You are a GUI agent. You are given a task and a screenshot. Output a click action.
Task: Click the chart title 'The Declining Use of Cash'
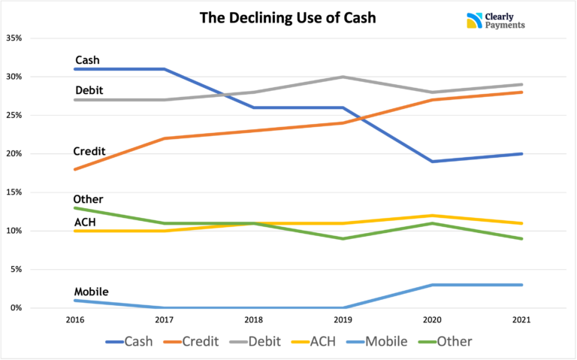click(288, 17)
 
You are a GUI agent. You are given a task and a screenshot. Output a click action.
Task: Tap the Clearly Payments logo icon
click(474, 20)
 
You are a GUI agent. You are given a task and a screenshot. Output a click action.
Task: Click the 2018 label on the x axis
click(254, 319)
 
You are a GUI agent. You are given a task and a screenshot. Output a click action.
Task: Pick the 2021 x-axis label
click(521, 319)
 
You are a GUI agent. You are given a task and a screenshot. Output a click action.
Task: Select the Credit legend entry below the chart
click(190, 341)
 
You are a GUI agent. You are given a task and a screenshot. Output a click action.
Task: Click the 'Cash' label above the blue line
click(87, 60)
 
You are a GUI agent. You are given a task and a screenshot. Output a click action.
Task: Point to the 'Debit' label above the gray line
click(89, 90)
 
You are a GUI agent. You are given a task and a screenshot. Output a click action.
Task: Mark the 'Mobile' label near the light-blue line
click(92, 292)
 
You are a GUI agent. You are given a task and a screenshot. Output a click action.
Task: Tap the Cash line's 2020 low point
click(432, 161)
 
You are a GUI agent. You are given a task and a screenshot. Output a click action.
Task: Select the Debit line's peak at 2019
click(343, 77)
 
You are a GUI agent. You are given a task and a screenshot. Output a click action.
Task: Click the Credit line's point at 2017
click(165, 138)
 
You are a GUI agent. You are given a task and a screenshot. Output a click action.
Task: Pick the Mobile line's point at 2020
click(432, 285)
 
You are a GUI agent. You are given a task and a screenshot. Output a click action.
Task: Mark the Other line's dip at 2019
click(343, 238)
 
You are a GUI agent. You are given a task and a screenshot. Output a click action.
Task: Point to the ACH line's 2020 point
click(432, 216)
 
